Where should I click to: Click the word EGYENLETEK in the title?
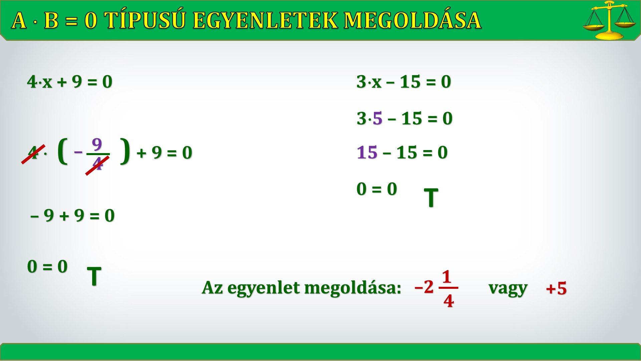pyautogui.click(x=266, y=20)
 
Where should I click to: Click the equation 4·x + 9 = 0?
pyautogui.click(x=70, y=82)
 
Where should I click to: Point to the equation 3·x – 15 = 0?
pyautogui.click(x=404, y=82)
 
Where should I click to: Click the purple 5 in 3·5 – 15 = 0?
pyautogui.click(x=378, y=118)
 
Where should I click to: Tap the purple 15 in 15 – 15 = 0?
pyautogui.click(x=367, y=152)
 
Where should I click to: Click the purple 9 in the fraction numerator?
pyautogui.click(x=97, y=144)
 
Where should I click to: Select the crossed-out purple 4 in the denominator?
pyautogui.click(x=97, y=164)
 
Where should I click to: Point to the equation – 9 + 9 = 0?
pyautogui.click(x=72, y=215)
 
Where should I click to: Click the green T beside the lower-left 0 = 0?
pyautogui.click(x=94, y=276)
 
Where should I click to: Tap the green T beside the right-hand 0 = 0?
pyautogui.click(x=431, y=198)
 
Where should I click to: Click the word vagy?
pyautogui.click(x=508, y=288)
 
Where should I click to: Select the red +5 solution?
pyautogui.click(x=556, y=288)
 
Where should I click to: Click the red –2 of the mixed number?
pyautogui.click(x=424, y=287)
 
